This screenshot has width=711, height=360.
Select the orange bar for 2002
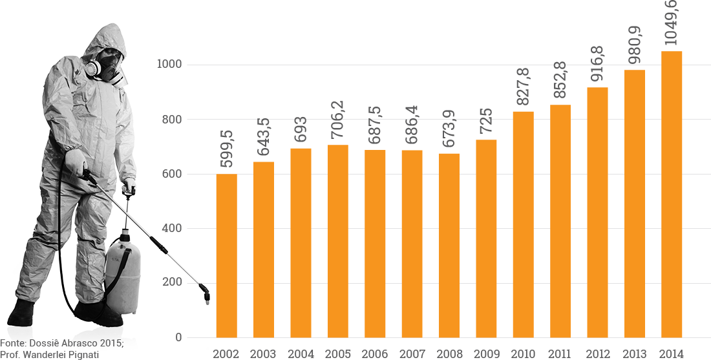pos(226,256)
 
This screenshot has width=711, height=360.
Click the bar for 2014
pos(672,194)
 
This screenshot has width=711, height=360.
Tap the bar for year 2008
pos(449,246)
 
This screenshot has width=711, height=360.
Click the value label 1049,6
pos(672,23)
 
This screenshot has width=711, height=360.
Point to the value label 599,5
pos(226,148)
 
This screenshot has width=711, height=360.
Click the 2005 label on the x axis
pos(337,354)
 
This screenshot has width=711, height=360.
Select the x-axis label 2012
pos(597,354)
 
